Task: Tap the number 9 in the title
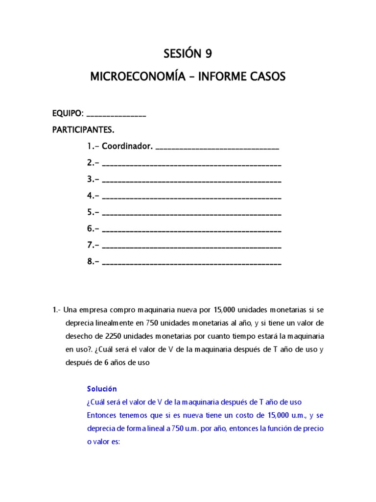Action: click(x=209, y=54)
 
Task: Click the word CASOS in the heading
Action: click(x=266, y=77)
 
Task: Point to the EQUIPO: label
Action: click(x=68, y=114)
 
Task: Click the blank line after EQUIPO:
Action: click(x=116, y=116)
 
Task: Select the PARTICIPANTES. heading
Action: click(x=83, y=130)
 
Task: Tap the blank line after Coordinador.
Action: click(x=217, y=149)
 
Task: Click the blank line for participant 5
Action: click(x=192, y=214)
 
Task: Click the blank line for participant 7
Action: click(x=192, y=247)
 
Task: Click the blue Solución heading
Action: click(x=102, y=389)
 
